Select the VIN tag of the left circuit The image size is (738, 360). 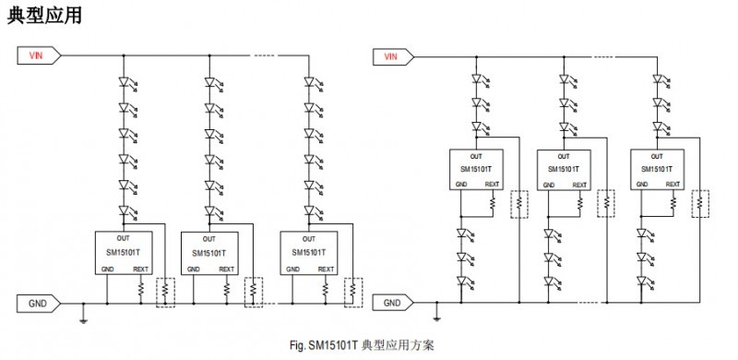(x=39, y=55)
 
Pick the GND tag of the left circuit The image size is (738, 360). (x=39, y=301)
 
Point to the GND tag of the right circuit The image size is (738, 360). (x=393, y=302)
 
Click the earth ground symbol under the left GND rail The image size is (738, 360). (x=83, y=319)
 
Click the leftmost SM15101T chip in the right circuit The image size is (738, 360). (x=476, y=169)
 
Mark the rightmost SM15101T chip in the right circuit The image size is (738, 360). (x=654, y=169)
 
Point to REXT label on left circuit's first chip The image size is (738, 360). (x=140, y=270)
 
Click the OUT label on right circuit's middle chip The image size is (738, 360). (x=565, y=156)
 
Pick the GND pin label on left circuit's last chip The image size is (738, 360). (x=293, y=270)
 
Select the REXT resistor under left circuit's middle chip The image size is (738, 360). (x=225, y=289)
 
